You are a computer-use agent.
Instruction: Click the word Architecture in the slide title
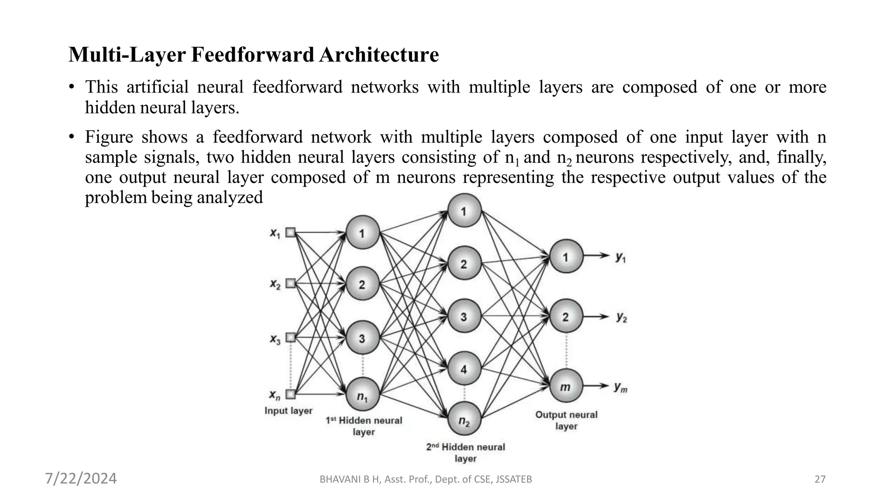click(x=378, y=55)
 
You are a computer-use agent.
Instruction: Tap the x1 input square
click(x=290, y=233)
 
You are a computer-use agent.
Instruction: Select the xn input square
click(x=290, y=394)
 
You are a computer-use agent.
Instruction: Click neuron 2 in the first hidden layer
click(x=362, y=284)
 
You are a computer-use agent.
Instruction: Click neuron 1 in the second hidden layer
click(x=464, y=211)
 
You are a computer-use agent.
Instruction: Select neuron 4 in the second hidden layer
click(x=464, y=369)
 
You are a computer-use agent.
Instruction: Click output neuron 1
click(x=566, y=257)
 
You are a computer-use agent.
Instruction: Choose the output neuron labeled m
click(x=566, y=386)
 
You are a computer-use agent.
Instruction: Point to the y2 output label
click(x=622, y=317)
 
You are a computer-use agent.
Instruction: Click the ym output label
click(x=620, y=387)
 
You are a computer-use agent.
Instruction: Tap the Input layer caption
click(x=289, y=411)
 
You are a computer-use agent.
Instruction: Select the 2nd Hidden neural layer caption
click(x=465, y=452)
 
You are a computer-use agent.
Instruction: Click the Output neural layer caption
click(x=566, y=420)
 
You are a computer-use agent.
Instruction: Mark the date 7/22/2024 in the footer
click(x=81, y=479)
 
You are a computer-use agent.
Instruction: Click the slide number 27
click(x=820, y=479)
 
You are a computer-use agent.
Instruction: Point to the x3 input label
click(x=275, y=339)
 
